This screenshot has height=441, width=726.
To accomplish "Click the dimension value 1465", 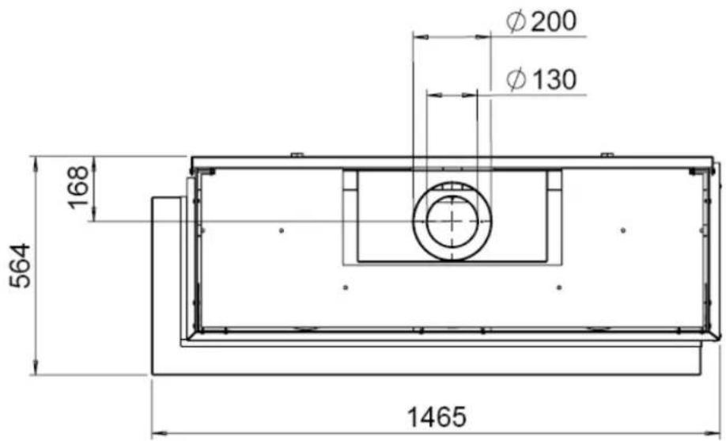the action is pos(437,416).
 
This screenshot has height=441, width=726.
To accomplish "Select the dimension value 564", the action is pos(21,266).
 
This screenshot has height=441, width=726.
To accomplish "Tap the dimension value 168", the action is pos(78,188).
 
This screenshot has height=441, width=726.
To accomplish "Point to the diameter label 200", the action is pos(554,21).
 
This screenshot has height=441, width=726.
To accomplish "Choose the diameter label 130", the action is pos(554,79).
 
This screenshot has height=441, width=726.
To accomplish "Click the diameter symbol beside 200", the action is pos(516,22).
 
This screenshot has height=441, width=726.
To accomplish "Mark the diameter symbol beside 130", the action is pos(516,80).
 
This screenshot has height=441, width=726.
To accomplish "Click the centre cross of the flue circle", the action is pos(452,221).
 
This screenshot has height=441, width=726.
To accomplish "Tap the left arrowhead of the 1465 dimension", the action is pos(159,434).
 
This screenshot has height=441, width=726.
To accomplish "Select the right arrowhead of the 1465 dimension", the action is pos(713,434).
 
